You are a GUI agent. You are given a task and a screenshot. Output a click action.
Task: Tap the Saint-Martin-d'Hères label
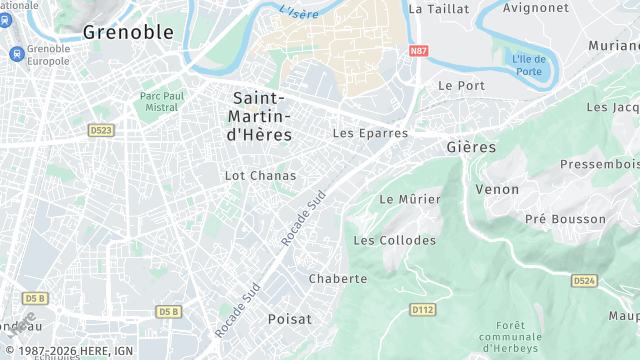coord(261,116)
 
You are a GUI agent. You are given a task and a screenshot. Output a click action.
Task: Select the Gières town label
coord(470,147)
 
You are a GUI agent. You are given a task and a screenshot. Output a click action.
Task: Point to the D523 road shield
coord(101,129)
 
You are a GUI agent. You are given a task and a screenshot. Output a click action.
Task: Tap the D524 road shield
coord(584,281)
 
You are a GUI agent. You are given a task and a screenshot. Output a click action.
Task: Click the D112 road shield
coord(422,310)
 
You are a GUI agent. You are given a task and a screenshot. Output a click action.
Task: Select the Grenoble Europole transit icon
coord(16,53)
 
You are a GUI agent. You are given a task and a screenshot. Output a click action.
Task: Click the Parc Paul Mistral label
coord(159,103)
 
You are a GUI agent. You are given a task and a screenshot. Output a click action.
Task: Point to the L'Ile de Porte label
coord(528,64)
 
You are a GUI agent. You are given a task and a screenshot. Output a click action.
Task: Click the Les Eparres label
coord(370,132)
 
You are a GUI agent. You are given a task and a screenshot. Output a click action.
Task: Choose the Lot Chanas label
coord(260,175)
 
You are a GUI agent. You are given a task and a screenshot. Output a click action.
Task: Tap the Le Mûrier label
coord(410,199)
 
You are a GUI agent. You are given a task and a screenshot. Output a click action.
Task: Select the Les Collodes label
coord(395,240)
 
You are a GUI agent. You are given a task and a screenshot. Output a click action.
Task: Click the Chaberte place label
coord(339,278)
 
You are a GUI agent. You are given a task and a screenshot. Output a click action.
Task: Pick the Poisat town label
coord(290,318)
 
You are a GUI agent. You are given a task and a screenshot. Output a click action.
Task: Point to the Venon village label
coord(497,189)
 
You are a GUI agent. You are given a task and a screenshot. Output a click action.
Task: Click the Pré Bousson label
coord(565,218)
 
